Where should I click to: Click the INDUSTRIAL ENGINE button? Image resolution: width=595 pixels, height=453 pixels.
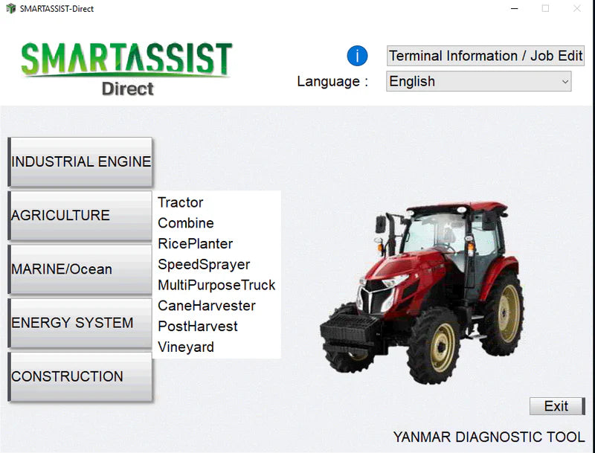coord(80,161)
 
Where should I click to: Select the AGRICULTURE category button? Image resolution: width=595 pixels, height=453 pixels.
coord(80,216)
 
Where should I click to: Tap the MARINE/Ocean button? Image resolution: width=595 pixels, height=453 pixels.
coord(80,269)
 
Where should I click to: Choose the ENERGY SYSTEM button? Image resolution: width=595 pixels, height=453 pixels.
coord(80,323)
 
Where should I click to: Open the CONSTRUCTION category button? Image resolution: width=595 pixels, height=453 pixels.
coord(80,376)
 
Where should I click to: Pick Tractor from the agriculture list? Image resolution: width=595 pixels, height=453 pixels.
coord(181,202)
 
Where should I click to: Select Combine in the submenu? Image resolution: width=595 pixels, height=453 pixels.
coord(186,223)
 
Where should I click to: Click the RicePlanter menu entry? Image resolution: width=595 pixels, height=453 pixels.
coord(196,244)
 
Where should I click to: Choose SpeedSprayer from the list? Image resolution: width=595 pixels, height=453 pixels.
coord(204,265)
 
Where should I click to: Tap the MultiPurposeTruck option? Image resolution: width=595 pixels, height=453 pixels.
coord(216,285)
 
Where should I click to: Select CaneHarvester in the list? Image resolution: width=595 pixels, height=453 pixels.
coord(207,306)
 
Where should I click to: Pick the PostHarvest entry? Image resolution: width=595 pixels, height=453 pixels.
coord(198,327)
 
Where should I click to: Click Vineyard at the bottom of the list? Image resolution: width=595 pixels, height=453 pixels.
coord(186,347)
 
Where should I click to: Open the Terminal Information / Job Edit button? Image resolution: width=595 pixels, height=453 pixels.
coord(486,56)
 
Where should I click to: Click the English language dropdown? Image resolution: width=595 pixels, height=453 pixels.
coord(479,81)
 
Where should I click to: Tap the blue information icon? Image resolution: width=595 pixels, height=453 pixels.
coord(358,56)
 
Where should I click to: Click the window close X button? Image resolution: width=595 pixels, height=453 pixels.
coord(577,9)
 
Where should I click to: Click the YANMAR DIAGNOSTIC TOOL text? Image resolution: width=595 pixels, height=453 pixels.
coord(489,437)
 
